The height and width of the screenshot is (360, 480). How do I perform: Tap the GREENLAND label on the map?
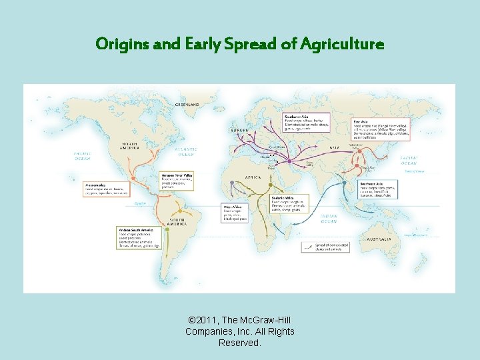(187, 105)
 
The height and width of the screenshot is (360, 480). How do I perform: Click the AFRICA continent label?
(253, 178)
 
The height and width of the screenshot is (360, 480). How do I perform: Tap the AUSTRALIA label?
(379, 239)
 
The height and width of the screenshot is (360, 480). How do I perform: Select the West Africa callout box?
(234, 213)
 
